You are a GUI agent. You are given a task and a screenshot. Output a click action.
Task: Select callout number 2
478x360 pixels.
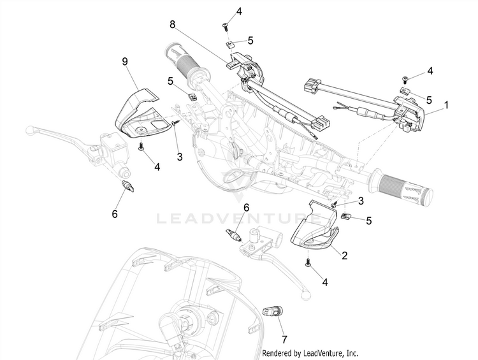pos(344,256)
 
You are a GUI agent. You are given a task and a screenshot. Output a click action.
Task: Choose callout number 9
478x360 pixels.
pos(125,61)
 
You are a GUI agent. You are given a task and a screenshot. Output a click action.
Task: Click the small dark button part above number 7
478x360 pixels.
pos(272,312)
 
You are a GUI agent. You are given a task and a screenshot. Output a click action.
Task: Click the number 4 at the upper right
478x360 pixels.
pos(430,71)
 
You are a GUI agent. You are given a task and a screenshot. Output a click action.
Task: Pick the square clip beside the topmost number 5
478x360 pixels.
pos(229,43)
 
